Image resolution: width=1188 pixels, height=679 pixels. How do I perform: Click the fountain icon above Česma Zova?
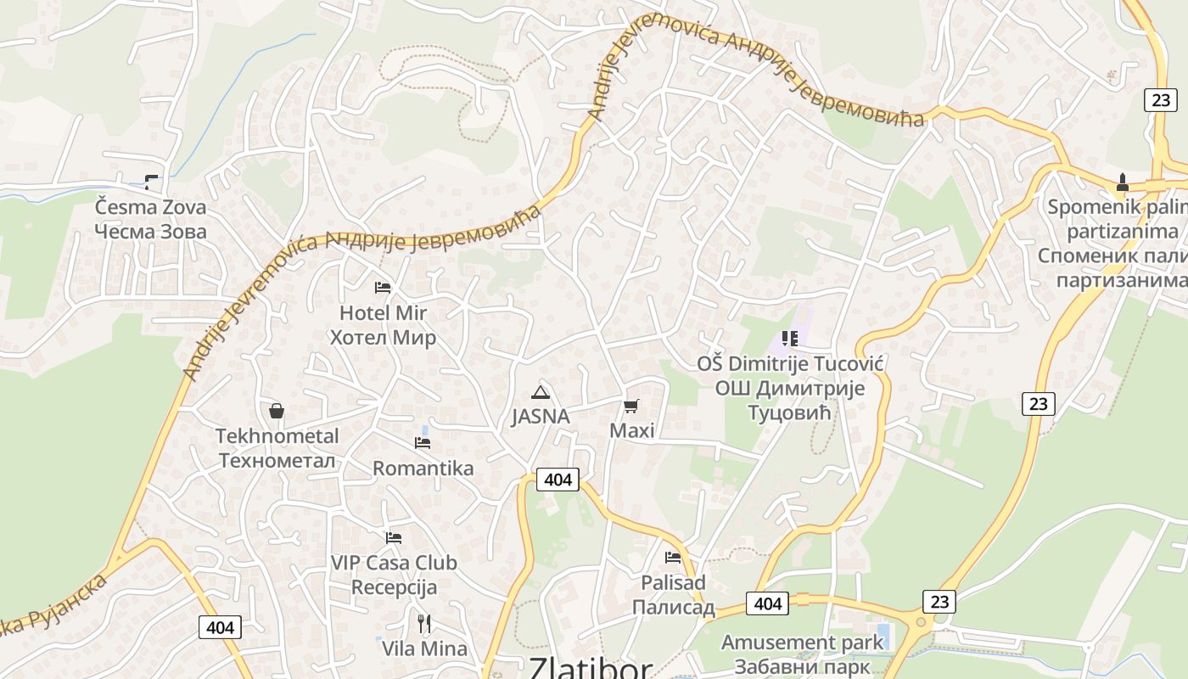(151, 182)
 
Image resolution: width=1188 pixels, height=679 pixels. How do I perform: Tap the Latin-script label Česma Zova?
(150, 207)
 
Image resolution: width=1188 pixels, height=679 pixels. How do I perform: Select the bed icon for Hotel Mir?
(383, 288)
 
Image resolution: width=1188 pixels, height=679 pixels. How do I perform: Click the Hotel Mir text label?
(383, 313)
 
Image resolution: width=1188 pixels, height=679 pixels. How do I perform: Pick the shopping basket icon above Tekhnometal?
(277, 412)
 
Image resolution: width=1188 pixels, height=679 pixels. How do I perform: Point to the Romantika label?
(423, 469)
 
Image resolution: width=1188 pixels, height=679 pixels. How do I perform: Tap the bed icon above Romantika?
(423, 443)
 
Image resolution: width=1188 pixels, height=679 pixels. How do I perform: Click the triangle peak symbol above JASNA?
(540, 392)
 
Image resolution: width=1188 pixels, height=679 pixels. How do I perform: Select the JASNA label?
(540, 417)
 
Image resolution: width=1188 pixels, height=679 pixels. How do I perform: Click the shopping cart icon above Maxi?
(630, 407)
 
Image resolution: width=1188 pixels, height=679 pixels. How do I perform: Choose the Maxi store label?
(632, 431)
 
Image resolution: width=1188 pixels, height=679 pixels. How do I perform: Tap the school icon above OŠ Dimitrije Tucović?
(790, 339)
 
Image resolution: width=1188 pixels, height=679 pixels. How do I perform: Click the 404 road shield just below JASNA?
(558, 480)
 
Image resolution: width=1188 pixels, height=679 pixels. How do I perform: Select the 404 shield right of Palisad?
(767, 603)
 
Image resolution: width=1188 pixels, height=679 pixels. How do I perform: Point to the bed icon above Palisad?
(673, 558)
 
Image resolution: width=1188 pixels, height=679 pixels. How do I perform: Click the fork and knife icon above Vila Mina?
(424, 624)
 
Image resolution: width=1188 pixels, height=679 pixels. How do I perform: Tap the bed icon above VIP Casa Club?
(393, 538)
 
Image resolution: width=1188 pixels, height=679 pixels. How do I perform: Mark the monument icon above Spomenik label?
(1122, 182)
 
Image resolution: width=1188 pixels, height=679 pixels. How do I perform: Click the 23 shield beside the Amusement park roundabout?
(939, 602)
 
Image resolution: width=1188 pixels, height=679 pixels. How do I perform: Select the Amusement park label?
(803, 643)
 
